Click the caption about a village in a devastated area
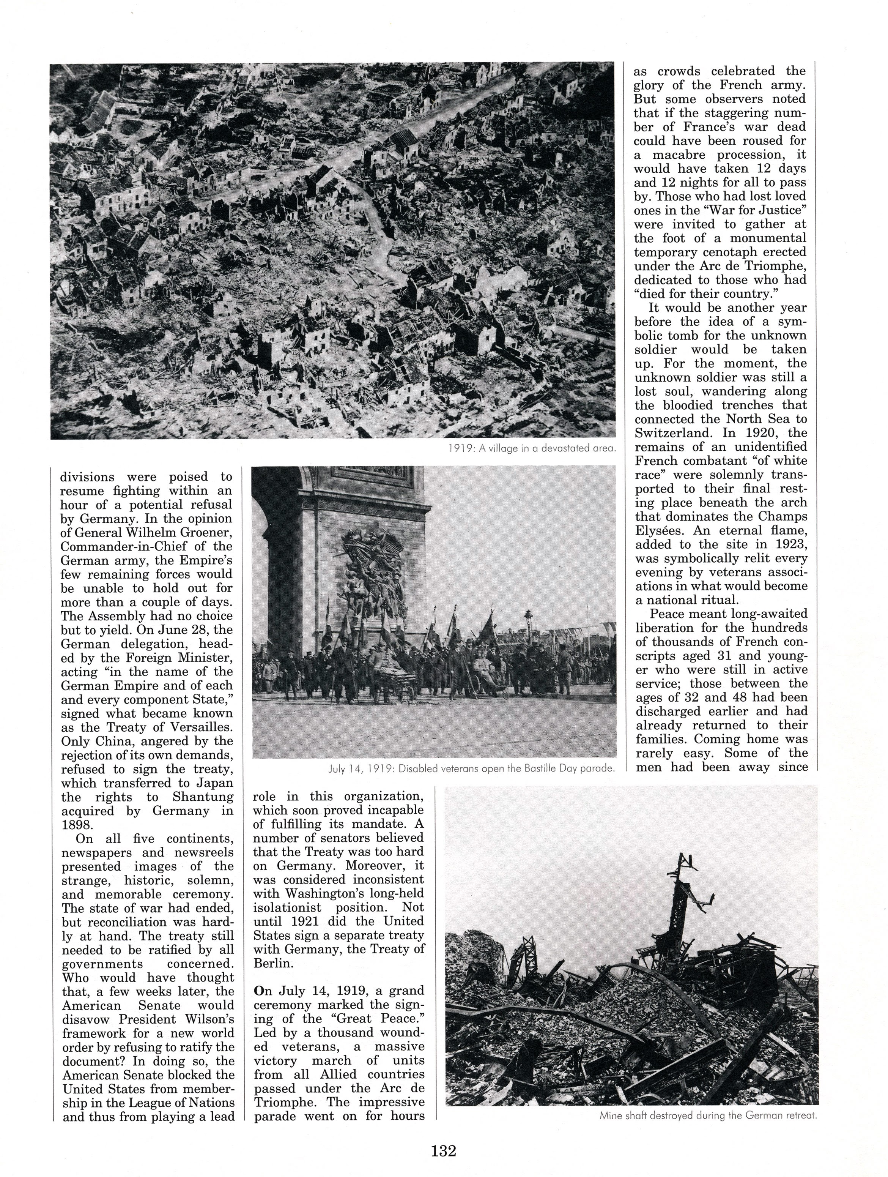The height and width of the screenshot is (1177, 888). point(532,448)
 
